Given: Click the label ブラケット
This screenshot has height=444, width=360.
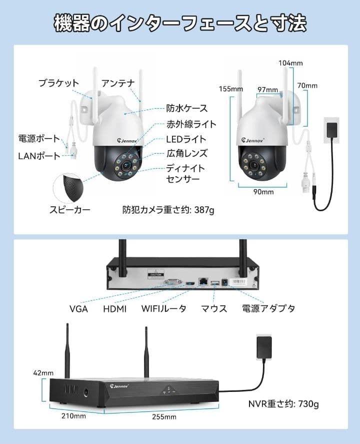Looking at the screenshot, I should tap(58, 83).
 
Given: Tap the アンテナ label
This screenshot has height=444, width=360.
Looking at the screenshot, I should tap(118, 83).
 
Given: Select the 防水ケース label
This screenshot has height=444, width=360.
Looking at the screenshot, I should tap(186, 108).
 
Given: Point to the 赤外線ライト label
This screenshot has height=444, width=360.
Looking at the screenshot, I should tap(191, 124).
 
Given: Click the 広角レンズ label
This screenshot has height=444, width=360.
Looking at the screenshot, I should tap(186, 153).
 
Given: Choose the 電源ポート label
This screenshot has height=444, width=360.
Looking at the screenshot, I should tap(39, 139).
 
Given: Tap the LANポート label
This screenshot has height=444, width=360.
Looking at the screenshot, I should tap(39, 156).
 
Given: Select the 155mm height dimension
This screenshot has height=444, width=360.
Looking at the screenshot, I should tap(231, 89).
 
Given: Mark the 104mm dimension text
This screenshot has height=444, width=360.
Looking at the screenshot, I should tap(291, 63).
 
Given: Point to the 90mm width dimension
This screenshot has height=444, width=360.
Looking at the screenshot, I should tap(263, 192).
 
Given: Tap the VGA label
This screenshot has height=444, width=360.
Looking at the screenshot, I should tap(78, 309).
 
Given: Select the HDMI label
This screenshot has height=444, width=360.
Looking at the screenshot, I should tap(115, 309).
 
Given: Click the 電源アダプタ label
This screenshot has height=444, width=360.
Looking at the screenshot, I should tap(268, 308).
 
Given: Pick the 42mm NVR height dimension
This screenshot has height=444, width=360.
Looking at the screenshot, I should tap(43, 373).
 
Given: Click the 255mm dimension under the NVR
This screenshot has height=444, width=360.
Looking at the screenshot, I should tap(164, 416).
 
